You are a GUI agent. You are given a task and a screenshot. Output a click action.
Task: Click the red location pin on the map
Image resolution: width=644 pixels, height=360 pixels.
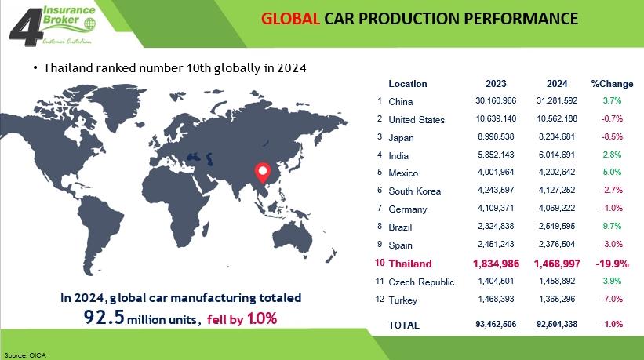click(x=263, y=173)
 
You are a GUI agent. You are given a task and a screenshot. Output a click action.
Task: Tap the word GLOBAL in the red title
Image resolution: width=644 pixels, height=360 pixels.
click(x=290, y=19)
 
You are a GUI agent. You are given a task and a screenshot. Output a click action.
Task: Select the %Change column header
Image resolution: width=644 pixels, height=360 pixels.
click(x=612, y=84)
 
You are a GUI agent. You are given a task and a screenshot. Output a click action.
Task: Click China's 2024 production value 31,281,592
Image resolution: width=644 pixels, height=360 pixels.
click(x=557, y=100)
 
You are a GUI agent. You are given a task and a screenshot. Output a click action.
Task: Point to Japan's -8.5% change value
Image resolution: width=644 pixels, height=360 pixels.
click(x=612, y=136)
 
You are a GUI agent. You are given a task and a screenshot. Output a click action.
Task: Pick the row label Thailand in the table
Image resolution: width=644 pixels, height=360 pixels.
click(x=410, y=264)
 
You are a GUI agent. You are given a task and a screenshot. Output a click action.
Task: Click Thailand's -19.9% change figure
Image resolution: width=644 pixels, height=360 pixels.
click(x=612, y=264)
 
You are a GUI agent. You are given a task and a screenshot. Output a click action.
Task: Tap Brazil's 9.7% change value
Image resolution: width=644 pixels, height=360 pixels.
click(x=612, y=226)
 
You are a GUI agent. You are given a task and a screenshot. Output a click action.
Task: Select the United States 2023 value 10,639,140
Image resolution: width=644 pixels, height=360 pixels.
click(x=496, y=118)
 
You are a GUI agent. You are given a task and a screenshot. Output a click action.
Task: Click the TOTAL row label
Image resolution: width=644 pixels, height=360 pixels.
click(x=404, y=325)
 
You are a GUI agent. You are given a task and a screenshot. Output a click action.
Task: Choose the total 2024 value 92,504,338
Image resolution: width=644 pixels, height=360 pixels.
click(x=557, y=324)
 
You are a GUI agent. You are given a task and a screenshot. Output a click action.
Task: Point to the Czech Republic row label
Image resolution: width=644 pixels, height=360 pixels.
click(x=421, y=282)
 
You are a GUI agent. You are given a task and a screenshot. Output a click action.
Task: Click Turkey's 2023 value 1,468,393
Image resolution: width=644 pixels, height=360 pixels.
click(x=496, y=300)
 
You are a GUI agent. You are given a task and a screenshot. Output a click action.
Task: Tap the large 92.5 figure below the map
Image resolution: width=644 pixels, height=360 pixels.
click(x=104, y=317)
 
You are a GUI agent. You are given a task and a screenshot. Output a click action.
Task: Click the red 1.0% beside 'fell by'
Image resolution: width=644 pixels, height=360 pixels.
click(x=262, y=318)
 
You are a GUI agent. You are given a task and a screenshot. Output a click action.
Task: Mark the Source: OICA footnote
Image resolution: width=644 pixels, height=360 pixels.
click(x=25, y=355)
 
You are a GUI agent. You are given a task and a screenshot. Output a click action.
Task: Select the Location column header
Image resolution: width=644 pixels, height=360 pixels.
click(x=408, y=84)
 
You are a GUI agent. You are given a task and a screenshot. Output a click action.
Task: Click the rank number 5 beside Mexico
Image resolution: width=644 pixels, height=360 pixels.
click(x=380, y=172)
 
